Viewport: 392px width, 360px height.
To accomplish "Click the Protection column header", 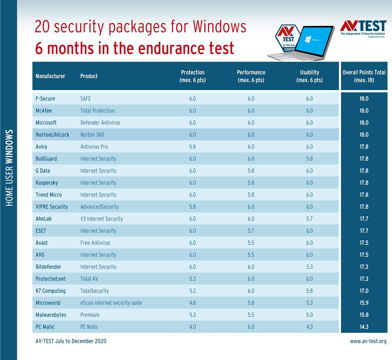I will coord(192,76).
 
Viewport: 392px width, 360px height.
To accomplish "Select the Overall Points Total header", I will coord(364,76).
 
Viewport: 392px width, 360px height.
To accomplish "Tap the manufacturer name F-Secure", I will coord(45,99).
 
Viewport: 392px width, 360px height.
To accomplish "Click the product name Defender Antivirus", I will coord(100,123).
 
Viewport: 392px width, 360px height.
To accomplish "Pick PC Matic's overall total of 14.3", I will coord(364,327).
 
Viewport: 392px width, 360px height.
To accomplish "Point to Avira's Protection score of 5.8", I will coord(192,146).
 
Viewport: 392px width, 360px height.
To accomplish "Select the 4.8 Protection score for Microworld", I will coord(192,303).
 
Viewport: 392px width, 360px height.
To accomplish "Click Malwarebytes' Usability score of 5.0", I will coord(309,315).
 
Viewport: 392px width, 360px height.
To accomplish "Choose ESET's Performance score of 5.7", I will coord(251,231).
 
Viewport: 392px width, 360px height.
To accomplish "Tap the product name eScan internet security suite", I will coord(111,303).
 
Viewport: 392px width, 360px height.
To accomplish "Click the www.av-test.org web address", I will coord(368,341).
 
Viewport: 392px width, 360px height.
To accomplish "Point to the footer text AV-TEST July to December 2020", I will coord(71,341).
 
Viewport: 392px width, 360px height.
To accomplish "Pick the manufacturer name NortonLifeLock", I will coord(52,135).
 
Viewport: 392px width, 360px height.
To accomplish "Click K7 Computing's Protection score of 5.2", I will coord(192,291).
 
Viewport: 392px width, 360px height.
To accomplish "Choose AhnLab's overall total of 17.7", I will coord(364,219).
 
